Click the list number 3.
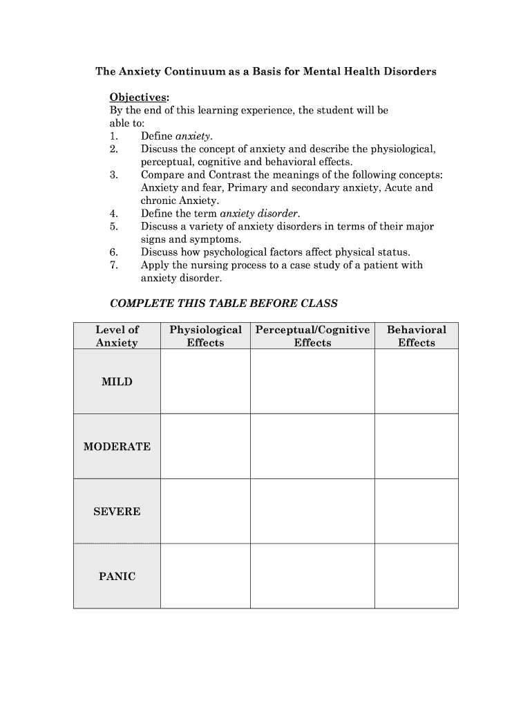pos(114,175)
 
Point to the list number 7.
pos(114,265)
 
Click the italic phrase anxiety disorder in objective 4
pos(259,214)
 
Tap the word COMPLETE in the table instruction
pos(140,304)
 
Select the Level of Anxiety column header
pos(117,336)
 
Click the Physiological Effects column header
pos(205,336)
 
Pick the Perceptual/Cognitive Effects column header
pos(312,336)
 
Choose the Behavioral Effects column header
pos(416,336)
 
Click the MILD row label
pos(117,382)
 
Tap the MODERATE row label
pos(117,447)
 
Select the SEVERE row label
pos(117,512)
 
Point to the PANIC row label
pos(117,577)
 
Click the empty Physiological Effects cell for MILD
pos(205,382)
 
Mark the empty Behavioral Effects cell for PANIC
pos(416,577)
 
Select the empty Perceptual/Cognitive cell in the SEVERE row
pos(312,512)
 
